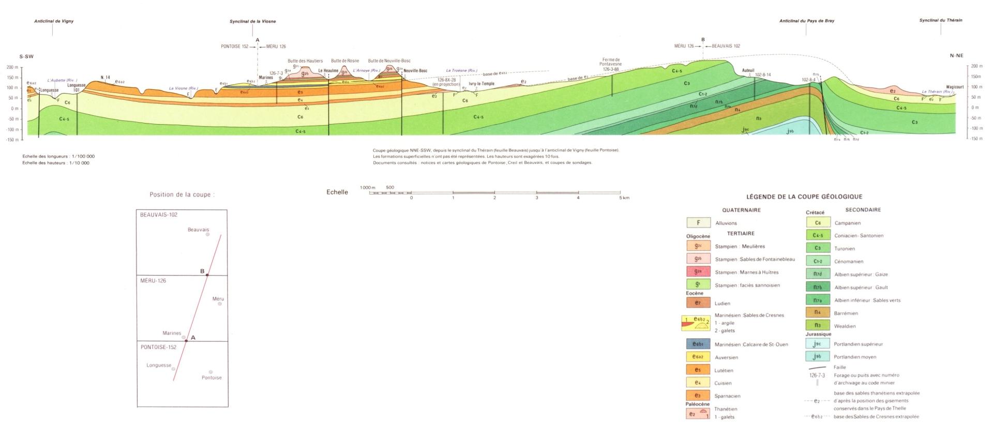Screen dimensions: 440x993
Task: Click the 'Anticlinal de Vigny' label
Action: click(x=54, y=21)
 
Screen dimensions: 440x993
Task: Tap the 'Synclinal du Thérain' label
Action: click(x=941, y=21)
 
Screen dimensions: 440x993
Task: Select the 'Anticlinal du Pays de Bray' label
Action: click(x=807, y=21)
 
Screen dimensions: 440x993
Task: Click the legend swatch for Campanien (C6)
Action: click(x=818, y=223)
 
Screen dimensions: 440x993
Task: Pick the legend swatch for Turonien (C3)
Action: click(x=818, y=248)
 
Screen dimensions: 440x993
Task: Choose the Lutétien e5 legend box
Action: click(x=698, y=370)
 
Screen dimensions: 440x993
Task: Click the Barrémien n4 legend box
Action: click(x=818, y=313)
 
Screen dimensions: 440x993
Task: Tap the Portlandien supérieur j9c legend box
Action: click(x=818, y=344)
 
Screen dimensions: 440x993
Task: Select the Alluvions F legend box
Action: click(x=698, y=223)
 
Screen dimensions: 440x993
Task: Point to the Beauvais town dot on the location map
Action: click(x=208, y=234)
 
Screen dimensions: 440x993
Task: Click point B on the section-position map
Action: click(x=207, y=275)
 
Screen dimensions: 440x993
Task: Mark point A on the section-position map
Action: click(x=186, y=341)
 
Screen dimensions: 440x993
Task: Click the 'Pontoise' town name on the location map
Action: click(x=212, y=377)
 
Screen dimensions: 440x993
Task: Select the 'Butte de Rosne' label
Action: click(x=345, y=61)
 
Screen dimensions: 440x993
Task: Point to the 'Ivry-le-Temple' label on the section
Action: click(x=482, y=84)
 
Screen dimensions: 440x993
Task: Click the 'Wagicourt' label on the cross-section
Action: click(x=955, y=87)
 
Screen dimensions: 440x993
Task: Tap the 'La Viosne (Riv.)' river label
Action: click(x=184, y=88)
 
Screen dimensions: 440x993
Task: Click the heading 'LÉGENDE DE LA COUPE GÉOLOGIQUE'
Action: click(x=804, y=197)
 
